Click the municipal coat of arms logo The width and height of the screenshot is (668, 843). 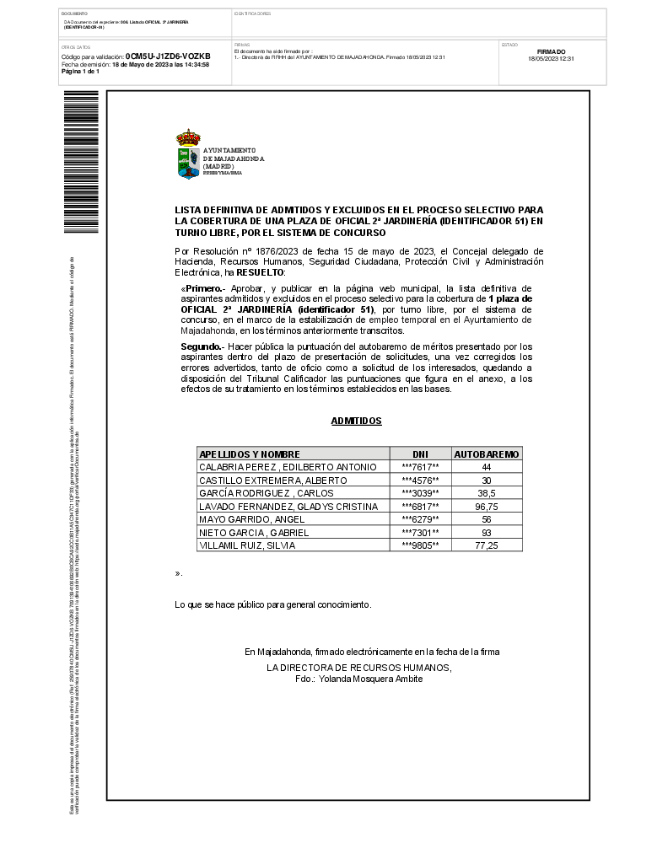188,154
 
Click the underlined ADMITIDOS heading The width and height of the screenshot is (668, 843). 356,421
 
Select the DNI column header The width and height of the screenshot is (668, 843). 420,454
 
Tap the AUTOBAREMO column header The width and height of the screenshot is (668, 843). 487,454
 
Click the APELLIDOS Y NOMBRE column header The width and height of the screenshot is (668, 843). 249,454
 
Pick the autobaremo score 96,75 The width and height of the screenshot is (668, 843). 487,507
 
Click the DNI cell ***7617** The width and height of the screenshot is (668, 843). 420,467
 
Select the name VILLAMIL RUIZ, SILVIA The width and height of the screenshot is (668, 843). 235,545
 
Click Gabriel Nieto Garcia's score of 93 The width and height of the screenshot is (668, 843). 487,533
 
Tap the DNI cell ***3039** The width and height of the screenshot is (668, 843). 420,493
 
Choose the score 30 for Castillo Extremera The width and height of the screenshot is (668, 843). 487,481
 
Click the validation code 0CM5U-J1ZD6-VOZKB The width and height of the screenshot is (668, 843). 168,56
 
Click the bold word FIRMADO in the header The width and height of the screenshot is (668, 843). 551,52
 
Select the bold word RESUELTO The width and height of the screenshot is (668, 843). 261,273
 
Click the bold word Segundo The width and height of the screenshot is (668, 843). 201,346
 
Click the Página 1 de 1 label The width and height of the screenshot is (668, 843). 81,72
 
